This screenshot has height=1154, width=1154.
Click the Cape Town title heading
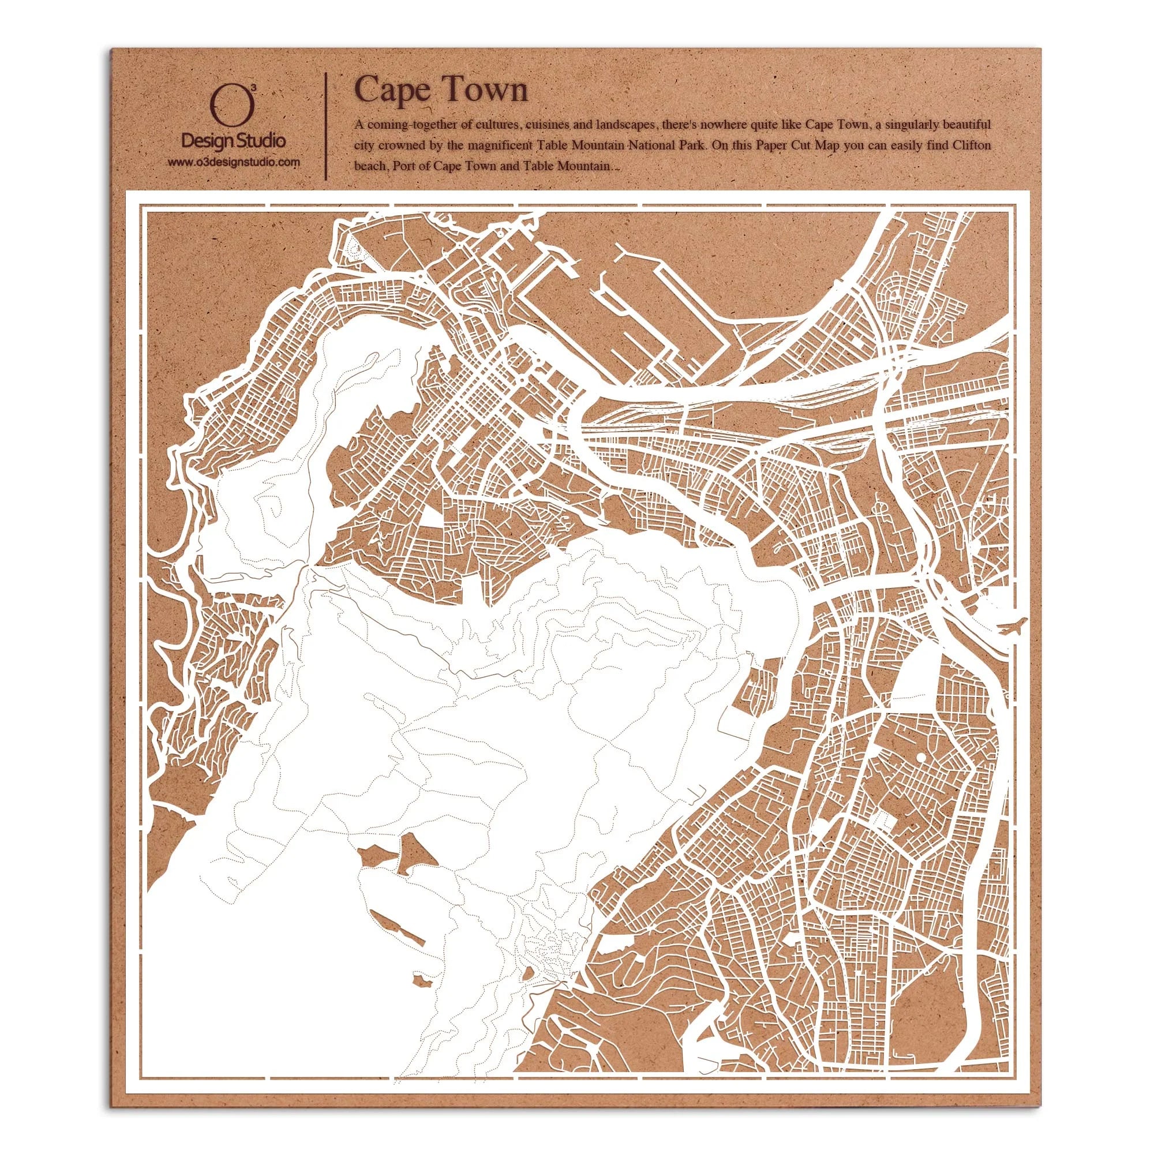[x=441, y=91]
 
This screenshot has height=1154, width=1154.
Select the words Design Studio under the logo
[x=234, y=141]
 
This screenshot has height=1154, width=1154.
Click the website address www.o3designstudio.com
[x=233, y=162]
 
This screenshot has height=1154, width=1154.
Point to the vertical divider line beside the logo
[x=325, y=126]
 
